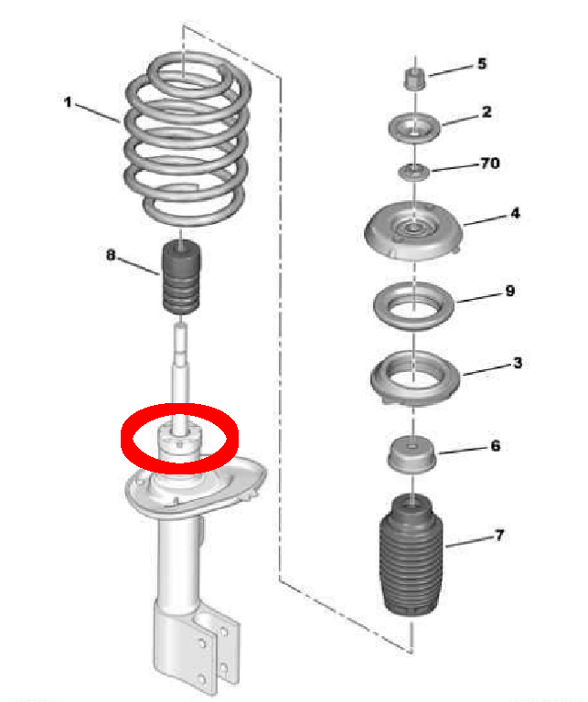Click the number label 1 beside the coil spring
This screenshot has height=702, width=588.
click(x=68, y=102)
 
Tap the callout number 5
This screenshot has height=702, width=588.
click(x=482, y=64)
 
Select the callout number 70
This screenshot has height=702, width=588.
click(x=490, y=163)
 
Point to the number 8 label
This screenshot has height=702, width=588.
click(x=111, y=255)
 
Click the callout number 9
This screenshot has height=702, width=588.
click(x=510, y=291)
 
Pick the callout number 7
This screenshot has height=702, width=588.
click(x=499, y=535)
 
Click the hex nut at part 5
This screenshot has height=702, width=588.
click(x=414, y=79)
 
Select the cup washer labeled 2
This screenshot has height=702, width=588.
click(x=414, y=128)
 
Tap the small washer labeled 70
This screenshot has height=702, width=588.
click(x=414, y=172)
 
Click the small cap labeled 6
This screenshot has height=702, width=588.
click(x=412, y=454)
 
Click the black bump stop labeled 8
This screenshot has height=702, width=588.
click(x=181, y=278)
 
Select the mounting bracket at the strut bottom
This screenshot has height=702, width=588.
click(x=197, y=644)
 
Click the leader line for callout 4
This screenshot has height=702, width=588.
click(x=487, y=219)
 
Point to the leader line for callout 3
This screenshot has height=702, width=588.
click(x=488, y=369)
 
